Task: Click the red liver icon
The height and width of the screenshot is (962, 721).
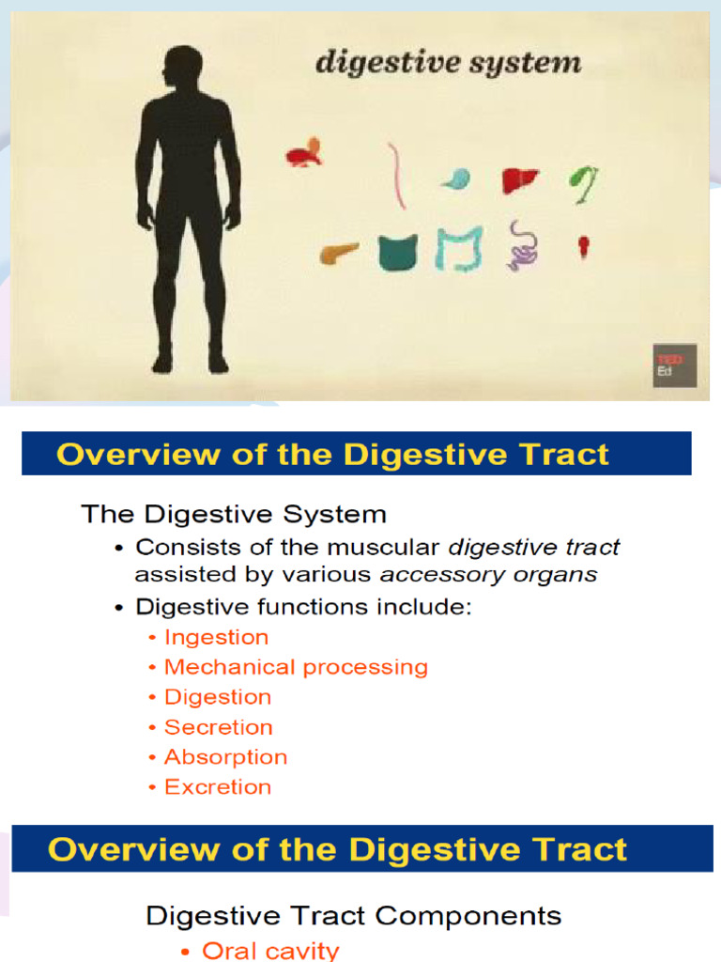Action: pyautogui.click(x=519, y=179)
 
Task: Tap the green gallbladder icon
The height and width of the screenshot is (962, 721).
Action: pyautogui.click(x=585, y=182)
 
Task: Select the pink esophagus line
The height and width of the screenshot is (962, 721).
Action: pyautogui.click(x=398, y=176)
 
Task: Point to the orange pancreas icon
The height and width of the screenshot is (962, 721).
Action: pyautogui.click(x=339, y=253)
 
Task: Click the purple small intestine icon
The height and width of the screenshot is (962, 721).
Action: pyautogui.click(x=523, y=246)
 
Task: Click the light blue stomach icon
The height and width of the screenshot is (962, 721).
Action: pyautogui.click(x=456, y=178)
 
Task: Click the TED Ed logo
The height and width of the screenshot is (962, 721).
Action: pyautogui.click(x=674, y=365)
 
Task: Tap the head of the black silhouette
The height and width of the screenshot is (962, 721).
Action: pyautogui.click(x=182, y=68)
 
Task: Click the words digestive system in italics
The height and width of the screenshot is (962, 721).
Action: pyautogui.click(x=448, y=64)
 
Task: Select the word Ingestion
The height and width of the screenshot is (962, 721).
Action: pyautogui.click(x=216, y=637)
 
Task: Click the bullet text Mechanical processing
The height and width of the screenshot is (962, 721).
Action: pyautogui.click(x=296, y=667)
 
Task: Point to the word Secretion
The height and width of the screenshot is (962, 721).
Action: pyautogui.click(x=218, y=727)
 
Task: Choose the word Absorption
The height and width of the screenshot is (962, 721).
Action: pyautogui.click(x=225, y=757)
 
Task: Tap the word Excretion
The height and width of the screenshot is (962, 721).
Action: pyautogui.click(x=217, y=787)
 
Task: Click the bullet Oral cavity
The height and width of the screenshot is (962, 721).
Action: pyautogui.click(x=270, y=951)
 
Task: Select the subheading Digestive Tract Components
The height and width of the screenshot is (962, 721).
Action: pyautogui.click(x=353, y=916)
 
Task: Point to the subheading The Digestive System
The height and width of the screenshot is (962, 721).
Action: pyautogui.click(x=234, y=514)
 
